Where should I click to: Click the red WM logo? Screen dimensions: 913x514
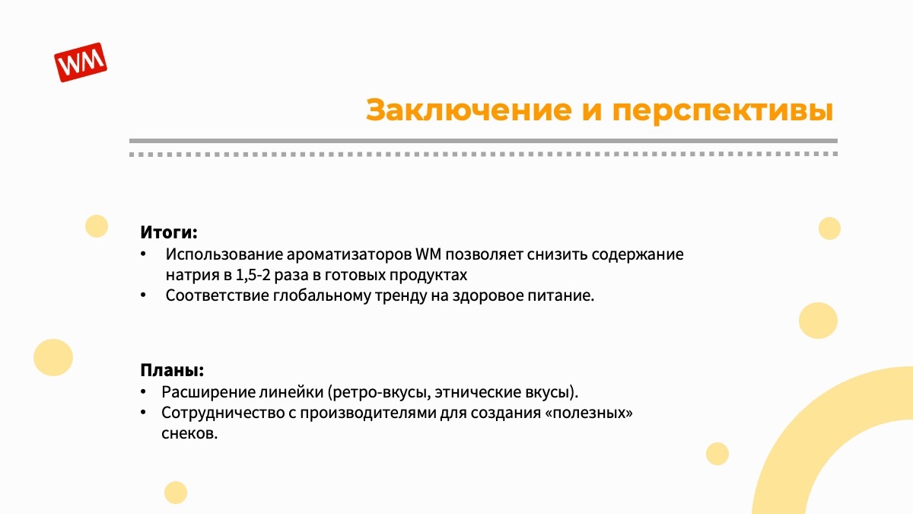click(81, 62)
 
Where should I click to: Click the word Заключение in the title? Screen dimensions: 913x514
click(469, 110)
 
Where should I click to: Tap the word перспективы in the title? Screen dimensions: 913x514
click(723, 111)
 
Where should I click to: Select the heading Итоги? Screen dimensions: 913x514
click(169, 232)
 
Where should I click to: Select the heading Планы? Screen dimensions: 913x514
click(172, 370)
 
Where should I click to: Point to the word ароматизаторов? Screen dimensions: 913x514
click(349, 254)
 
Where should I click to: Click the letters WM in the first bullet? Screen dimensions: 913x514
click(428, 254)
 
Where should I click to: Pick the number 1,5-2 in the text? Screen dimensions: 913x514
click(253, 275)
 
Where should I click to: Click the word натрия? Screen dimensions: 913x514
click(192, 276)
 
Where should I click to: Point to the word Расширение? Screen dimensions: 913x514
click(208, 392)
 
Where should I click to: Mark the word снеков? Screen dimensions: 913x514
click(189, 433)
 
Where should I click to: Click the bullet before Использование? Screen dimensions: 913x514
click(143, 254)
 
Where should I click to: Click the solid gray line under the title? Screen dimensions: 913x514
click(483, 141)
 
